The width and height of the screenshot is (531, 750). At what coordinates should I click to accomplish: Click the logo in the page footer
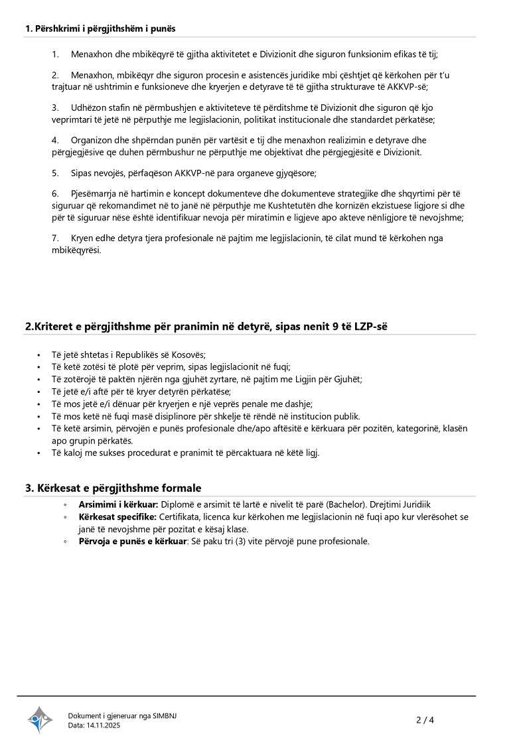40,719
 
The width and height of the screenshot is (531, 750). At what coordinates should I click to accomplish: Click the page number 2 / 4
425,719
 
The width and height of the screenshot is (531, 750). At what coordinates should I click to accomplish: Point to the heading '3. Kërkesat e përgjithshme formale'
114,488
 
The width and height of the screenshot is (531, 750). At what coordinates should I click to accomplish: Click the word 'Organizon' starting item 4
91,140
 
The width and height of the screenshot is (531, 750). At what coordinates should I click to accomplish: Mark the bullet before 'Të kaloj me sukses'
42,453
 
